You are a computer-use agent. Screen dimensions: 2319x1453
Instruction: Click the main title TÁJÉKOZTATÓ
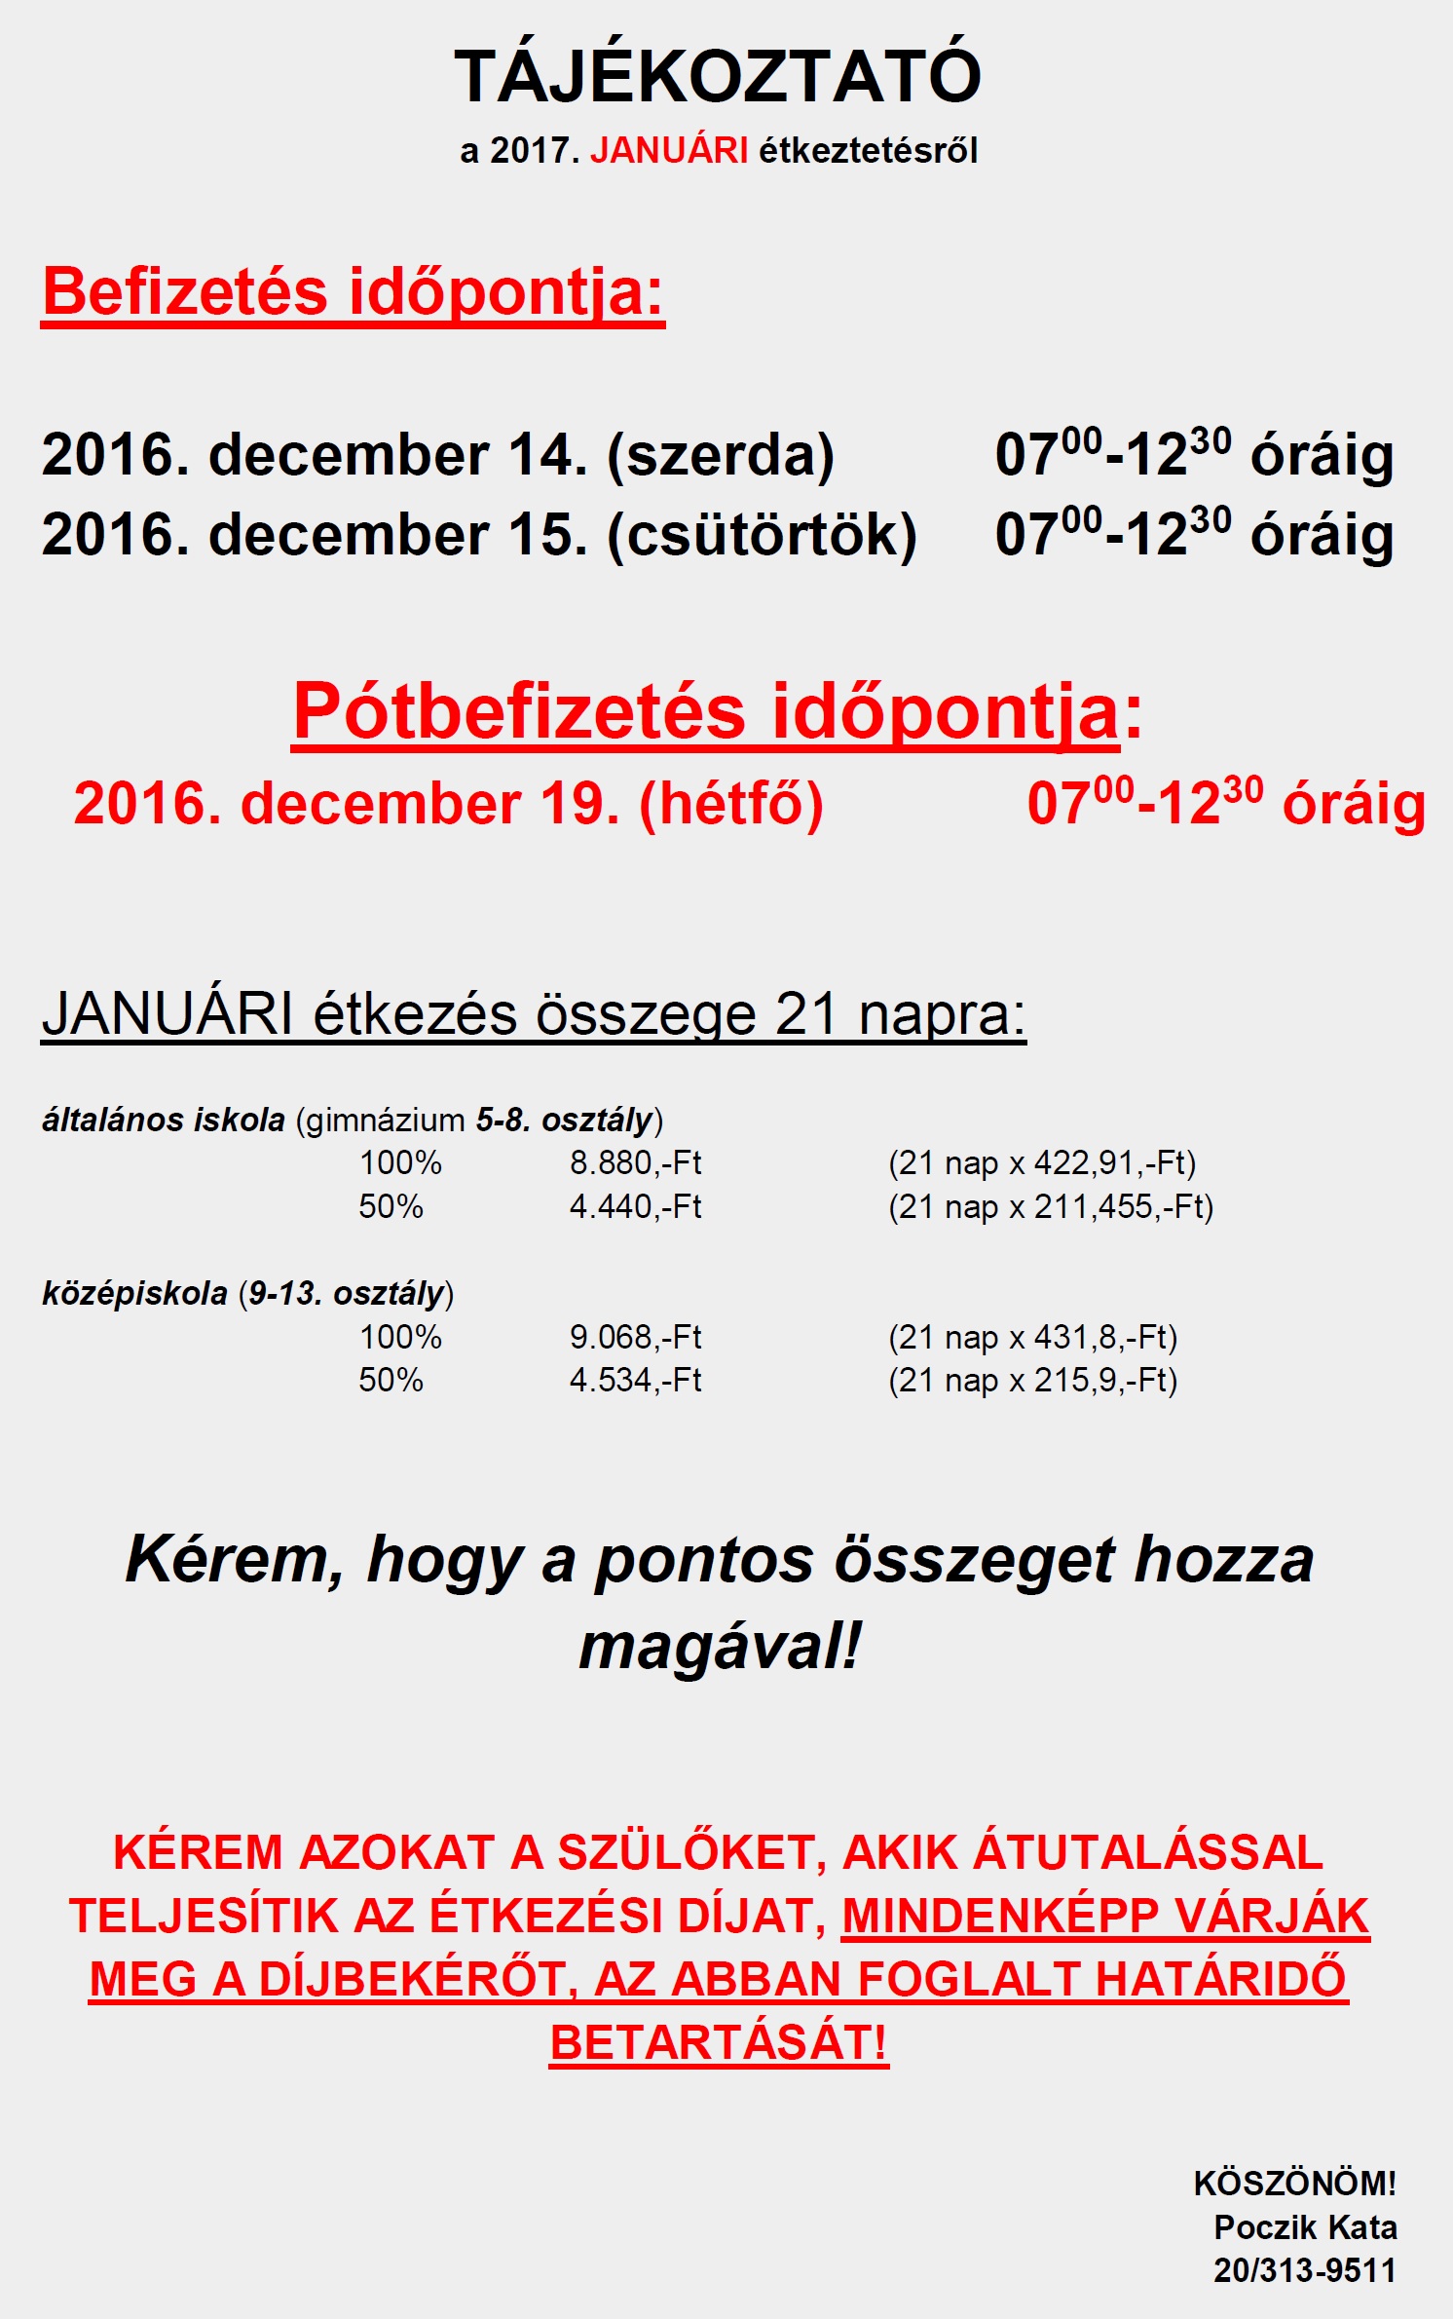[718, 77]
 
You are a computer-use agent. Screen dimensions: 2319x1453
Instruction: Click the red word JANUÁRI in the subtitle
[669, 151]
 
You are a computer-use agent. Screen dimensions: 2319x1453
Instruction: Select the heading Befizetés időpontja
[353, 292]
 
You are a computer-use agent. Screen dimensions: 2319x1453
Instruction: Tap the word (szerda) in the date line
[721, 455]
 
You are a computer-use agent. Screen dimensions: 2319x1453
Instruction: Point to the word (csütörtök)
[762, 535]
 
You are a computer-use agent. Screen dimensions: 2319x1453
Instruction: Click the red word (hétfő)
[731, 804]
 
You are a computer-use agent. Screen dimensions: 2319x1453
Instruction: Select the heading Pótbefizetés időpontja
[706, 712]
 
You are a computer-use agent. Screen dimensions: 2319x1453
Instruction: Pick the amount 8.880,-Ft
[635, 1162]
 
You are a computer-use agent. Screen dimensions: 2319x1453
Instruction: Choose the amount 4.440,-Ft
[635, 1206]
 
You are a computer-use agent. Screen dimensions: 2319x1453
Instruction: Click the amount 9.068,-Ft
[635, 1337]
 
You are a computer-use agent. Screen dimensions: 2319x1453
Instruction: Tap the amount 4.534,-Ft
[635, 1380]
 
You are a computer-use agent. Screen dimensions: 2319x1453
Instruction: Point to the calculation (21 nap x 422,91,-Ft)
[1041, 1162]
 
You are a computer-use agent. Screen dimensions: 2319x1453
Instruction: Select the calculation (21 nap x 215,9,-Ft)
[1032, 1380]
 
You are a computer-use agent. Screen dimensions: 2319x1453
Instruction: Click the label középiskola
[134, 1294]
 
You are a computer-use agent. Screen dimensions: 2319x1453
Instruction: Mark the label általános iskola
[164, 1121]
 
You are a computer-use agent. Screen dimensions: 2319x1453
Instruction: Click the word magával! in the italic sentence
[720, 1647]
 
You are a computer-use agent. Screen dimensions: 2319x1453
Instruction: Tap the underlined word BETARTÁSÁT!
[719, 2042]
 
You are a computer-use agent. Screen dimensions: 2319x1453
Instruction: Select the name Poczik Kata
[1305, 2227]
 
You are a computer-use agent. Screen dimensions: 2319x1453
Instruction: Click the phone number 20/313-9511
[1304, 2270]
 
